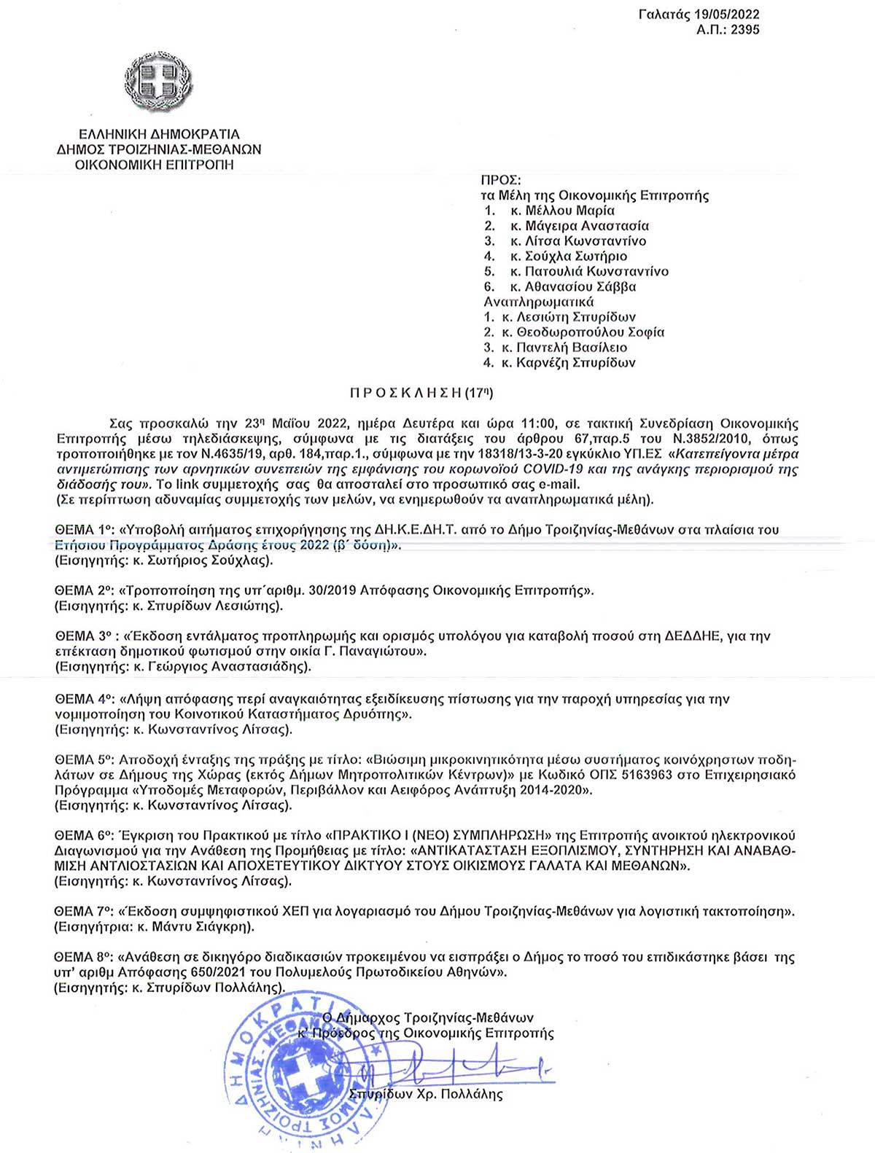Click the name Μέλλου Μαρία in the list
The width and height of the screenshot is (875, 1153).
pyautogui.click(x=570, y=211)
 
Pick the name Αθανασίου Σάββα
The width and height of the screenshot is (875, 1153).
pyautogui.click(x=580, y=286)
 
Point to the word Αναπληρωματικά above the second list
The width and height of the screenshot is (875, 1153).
pyautogui.click(x=538, y=302)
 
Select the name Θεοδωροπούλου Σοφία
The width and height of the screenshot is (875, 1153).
pyautogui.click(x=591, y=332)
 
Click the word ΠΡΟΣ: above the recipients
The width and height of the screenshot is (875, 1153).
pyautogui.click(x=501, y=180)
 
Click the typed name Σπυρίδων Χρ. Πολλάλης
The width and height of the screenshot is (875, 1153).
pyautogui.click(x=425, y=1094)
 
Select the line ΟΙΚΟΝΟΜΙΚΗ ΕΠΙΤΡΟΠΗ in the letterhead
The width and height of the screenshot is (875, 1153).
pyautogui.click(x=155, y=165)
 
